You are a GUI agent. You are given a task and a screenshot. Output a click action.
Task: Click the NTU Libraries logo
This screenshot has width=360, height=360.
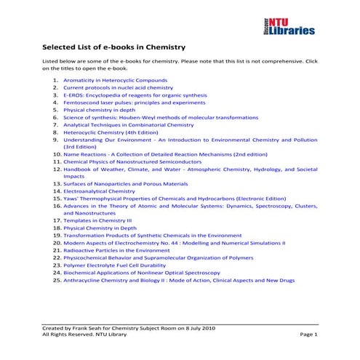click(x=290, y=27)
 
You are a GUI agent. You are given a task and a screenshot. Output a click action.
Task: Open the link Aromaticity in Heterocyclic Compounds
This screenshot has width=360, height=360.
click(x=115, y=80)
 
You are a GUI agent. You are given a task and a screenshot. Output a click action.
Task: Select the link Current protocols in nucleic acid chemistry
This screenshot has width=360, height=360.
click(x=118, y=87)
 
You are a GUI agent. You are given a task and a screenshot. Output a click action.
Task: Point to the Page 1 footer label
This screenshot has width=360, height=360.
click(x=309, y=334)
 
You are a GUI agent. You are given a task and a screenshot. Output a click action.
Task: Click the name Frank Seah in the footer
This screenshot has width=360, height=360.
click(x=89, y=327)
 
